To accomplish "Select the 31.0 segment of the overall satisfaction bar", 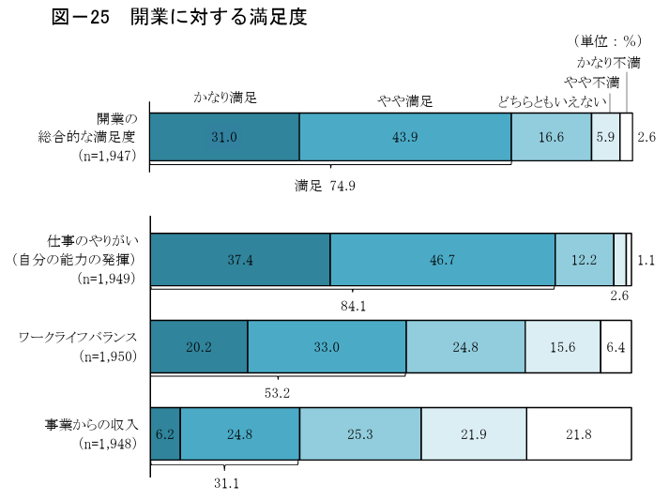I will (x=224, y=137).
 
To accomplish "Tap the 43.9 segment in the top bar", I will (x=405, y=137).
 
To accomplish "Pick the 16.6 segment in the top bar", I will (x=552, y=137).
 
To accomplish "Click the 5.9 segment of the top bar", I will (x=606, y=137).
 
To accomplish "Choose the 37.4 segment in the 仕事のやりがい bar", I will (x=240, y=260).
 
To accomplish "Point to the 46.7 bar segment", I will (x=443, y=260).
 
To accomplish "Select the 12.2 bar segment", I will (x=585, y=260).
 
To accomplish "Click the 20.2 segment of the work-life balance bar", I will (x=199, y=347).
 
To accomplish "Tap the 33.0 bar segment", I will (x=327, y=347).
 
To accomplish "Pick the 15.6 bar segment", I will (x=562, y=347).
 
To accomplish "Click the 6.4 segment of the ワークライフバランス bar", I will (x=616, y=347).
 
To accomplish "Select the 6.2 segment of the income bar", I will (x=165, y=434).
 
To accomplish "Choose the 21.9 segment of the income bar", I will (x=473, y=434).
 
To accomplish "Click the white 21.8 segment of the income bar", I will (x=579, y=434).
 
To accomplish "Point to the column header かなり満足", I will (x=225, y=98).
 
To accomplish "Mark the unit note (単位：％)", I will (x=606, y=41).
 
